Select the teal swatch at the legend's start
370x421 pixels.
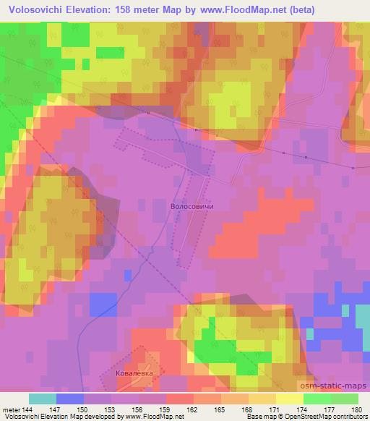pos(43,399)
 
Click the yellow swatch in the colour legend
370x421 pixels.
pos(289,399)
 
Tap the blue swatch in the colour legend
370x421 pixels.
pos(70,399)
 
